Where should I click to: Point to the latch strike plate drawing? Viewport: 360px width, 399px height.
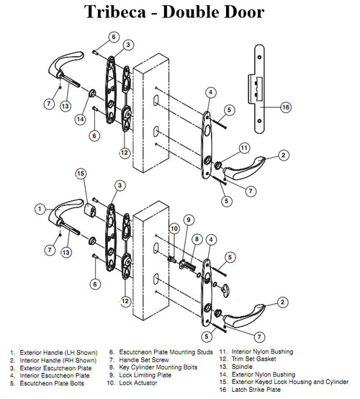tap(258, 86)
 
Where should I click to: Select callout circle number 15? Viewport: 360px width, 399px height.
tap(81, 174)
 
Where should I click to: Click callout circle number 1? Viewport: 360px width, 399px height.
tap(39, 208)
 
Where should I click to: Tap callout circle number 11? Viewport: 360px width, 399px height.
tap(244, 148)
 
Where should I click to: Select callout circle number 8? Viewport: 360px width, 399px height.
tap(195, 238)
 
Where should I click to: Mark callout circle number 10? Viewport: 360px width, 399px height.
tap(173, 228)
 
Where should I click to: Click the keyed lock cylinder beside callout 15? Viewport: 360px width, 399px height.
tap(92, 210)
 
